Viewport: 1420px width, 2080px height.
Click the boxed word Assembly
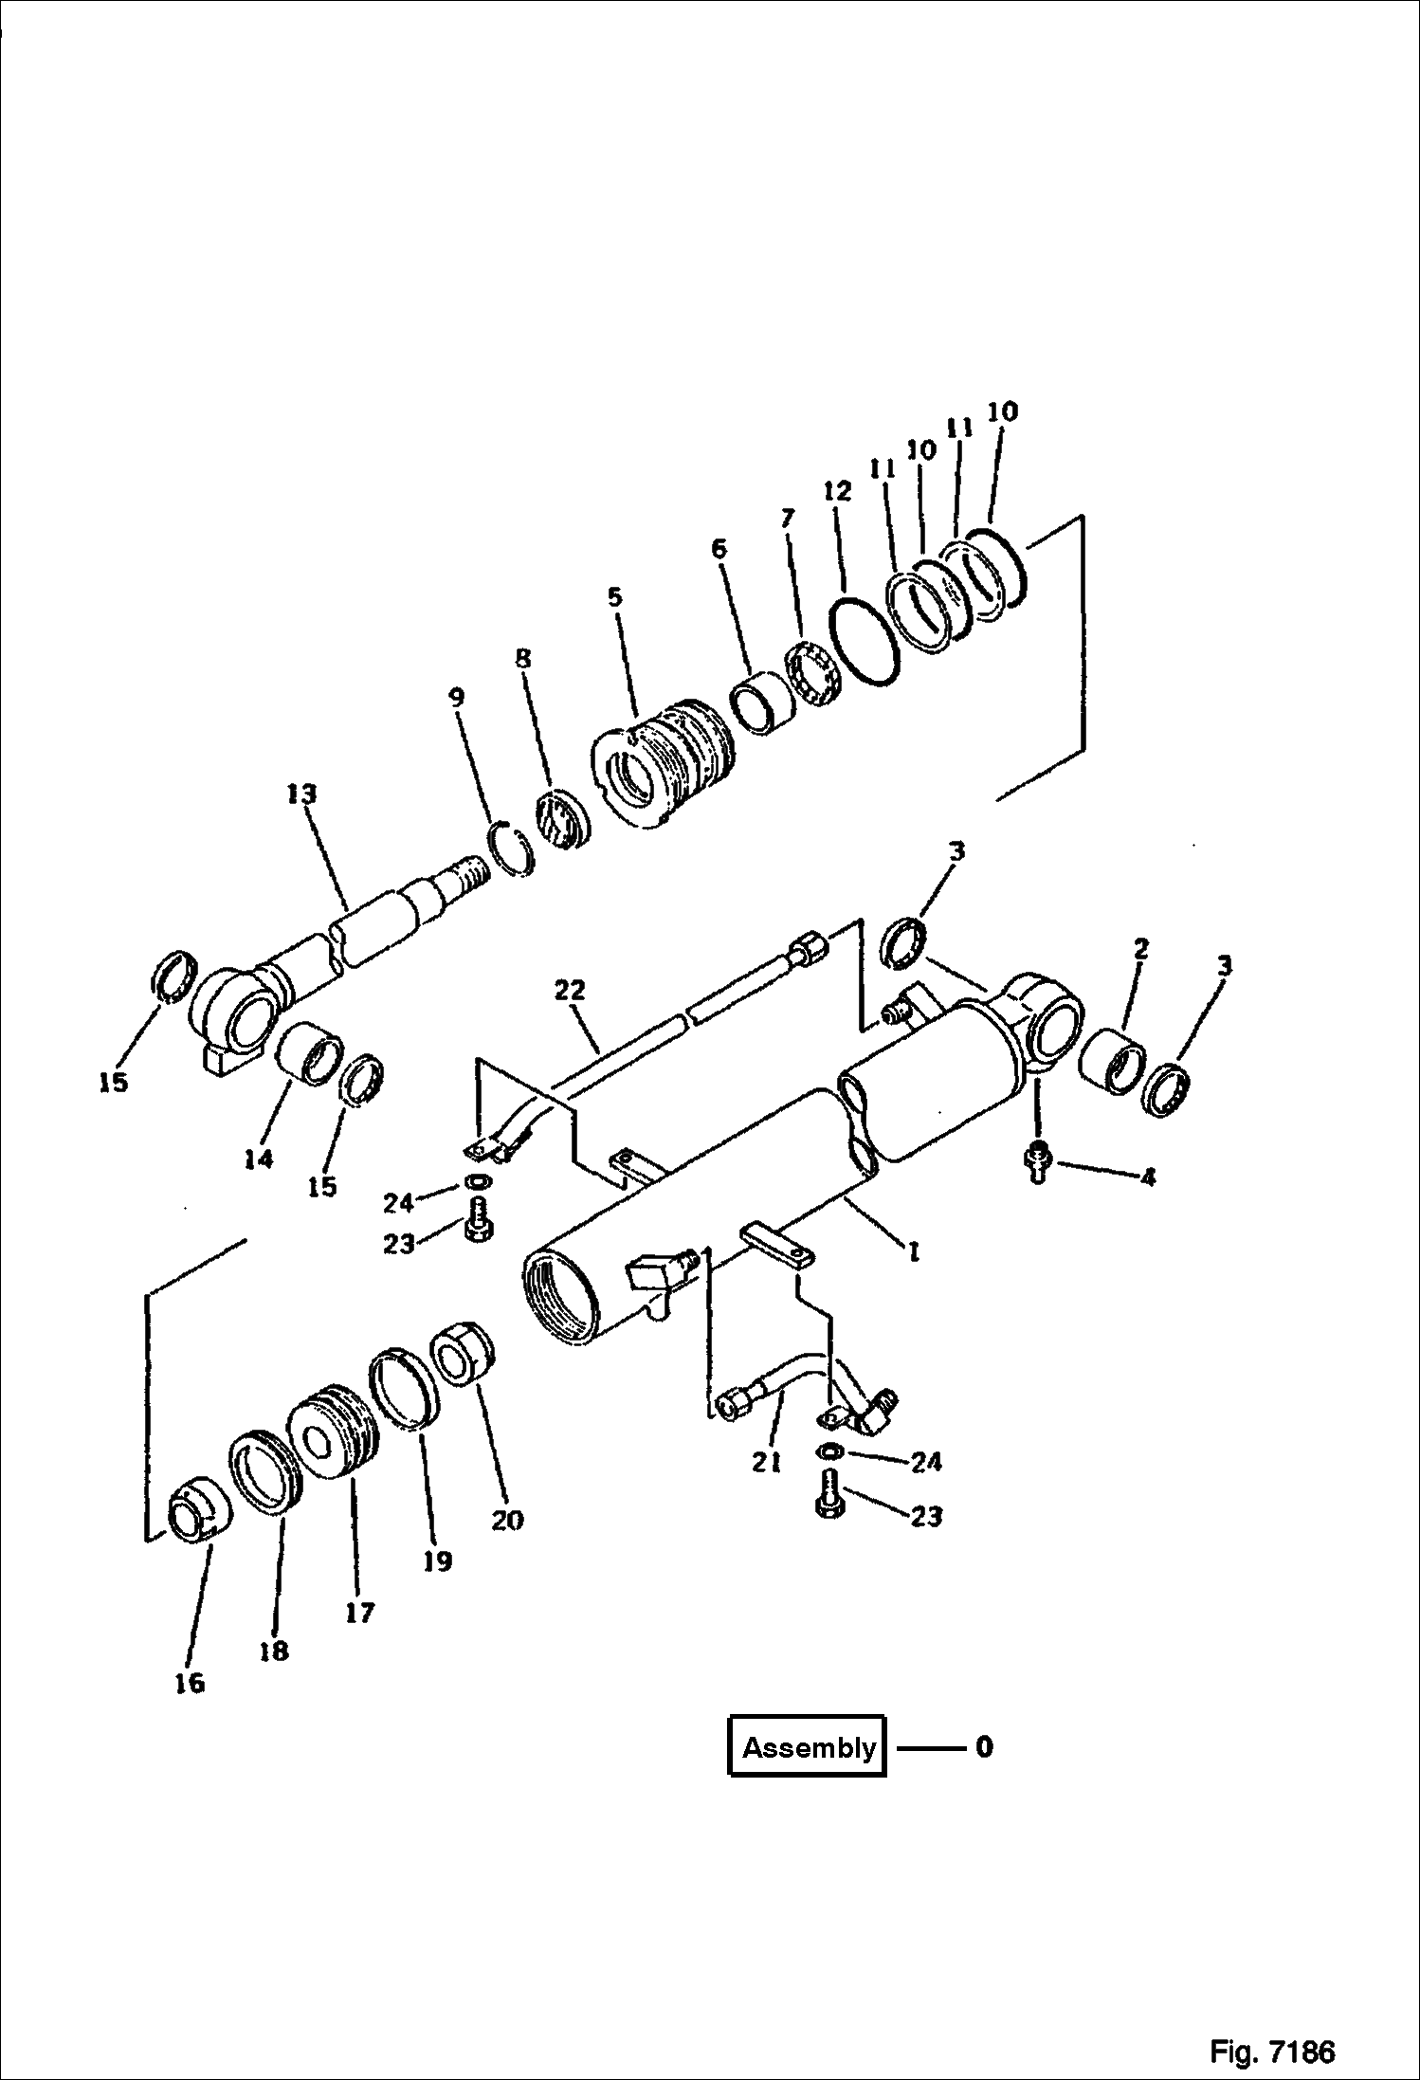click(809, 1747)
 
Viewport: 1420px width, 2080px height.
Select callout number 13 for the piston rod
click(302, 794)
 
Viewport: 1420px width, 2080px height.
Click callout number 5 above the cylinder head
click(615, 598)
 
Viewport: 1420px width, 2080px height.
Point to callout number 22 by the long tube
click(571, 992)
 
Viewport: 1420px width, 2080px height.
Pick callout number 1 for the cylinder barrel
click(913, 1252)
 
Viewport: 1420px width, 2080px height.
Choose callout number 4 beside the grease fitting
click(1147, 1177)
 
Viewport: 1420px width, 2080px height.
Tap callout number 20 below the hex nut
click(507, 1520)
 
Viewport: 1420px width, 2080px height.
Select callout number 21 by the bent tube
click(766, 1463)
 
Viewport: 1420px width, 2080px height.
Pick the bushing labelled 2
click(1115, 1062)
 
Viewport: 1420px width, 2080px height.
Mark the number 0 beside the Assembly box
click(984, 1747)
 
